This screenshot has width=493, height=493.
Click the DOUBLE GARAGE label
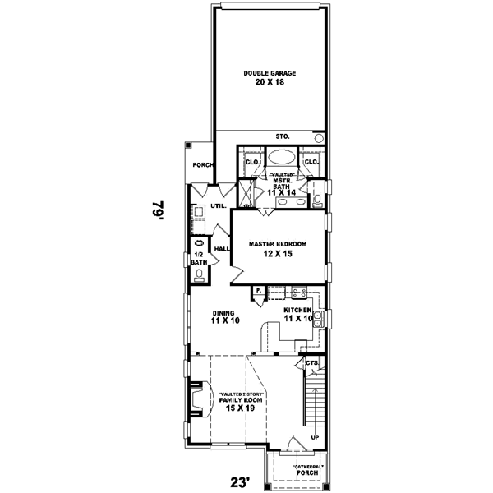pyautogui.click(x=270, y=73)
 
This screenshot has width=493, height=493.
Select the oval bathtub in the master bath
pyautogui.click(x=282, y=159)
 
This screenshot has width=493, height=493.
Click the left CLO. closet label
pyautogui.click(x=252, y=162)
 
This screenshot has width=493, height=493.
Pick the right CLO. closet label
pyautogui.click(x=311, y=162)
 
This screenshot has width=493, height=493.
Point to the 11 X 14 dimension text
pyautogui.click(x=282, y=192)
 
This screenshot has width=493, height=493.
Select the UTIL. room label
pyautogui.click(x=218, y=205)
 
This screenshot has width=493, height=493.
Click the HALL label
pyautogui.click(x=221, y=249)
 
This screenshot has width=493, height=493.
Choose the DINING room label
pyautogui.click(x=223, y=312)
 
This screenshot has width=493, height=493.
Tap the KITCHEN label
pyautogui.click(x=298, y=310)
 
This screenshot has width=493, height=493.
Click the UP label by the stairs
pyautogui.click(x=314, y=437)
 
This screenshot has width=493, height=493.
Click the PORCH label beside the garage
pyautogui.click(x=202, y=165)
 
